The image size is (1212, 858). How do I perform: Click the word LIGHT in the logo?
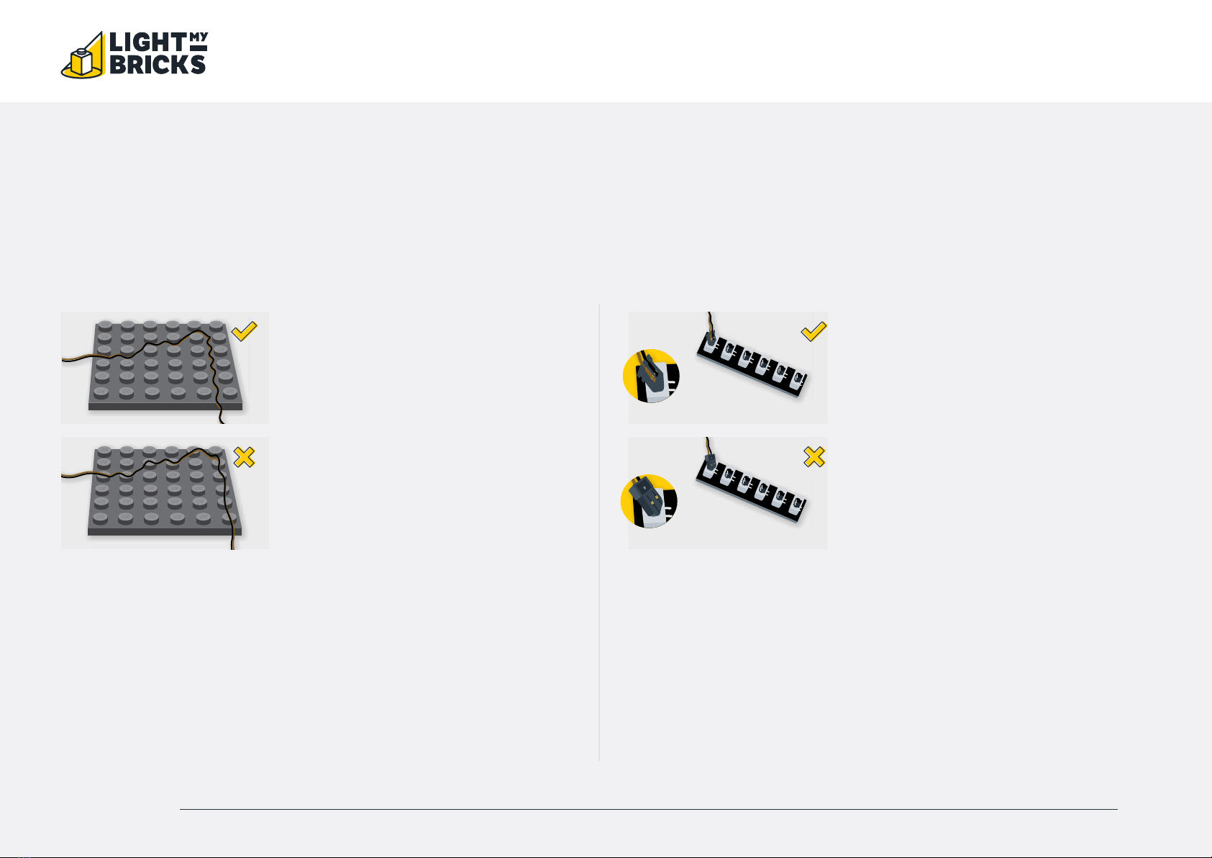pyautogui.click(x=147, y=42)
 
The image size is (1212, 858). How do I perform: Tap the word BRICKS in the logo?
pyautogui.click(x=158, y=64)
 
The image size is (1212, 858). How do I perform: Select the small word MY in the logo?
pyautogui.click(x=199, y=37)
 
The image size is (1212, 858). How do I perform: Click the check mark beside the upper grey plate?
pyautogui.click(x=244, y=331)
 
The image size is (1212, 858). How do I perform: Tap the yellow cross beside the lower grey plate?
pyautogui.click(x=244, y=457)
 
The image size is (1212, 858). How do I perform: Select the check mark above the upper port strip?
pyautogui.click(x=814, y=331)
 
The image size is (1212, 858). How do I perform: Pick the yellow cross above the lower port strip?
pyautogui.click(x=814, y=457)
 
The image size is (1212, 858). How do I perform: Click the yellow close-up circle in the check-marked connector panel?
pyautogui.click(x=651, y=376)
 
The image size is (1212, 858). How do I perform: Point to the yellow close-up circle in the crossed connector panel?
pyautogui.click(x=649, y=501)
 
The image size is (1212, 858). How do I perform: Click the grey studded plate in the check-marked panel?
pyautogui.click(x=165, y=366)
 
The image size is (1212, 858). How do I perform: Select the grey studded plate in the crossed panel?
pyautogui.click(x=165, y=491)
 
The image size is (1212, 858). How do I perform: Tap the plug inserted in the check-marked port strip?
pyautogui.click(x=711, y=339)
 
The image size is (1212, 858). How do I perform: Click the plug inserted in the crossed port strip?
pyautogui.click(x=710, y=461)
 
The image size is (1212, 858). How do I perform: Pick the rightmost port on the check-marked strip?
pyautogui.click(x=796, y=379)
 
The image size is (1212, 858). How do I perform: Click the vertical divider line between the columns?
pyautogui.click(x=599, y=532)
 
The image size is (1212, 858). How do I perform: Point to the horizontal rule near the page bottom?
pyautogui.click(x=649, y=809)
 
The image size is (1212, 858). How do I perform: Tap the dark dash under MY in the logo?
pyautogui.click(x=199, y=48)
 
